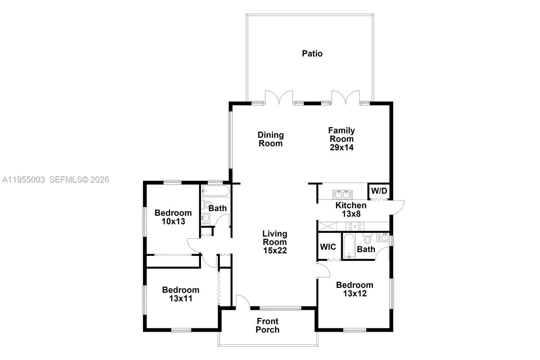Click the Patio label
(x=312, y=54)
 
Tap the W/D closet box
(x=379, y=191)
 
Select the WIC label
(x=328, y=247)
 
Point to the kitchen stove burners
(x=355, y=226)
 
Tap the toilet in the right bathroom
(x=367, y=239)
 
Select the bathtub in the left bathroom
(x=215, y=191)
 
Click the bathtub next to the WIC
(x=349, y=246)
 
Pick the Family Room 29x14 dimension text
(x=342, y=147)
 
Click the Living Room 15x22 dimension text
(x=275, y=251)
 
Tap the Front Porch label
(x=268, y=325)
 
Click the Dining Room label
(x=271, y=139)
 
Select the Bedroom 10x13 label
(x=173, y=217)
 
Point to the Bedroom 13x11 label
(x=180, y=294)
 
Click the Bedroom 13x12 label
(x=354, y=289)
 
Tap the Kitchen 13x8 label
(x=351, y=210)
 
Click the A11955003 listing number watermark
(x=23, y=179)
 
